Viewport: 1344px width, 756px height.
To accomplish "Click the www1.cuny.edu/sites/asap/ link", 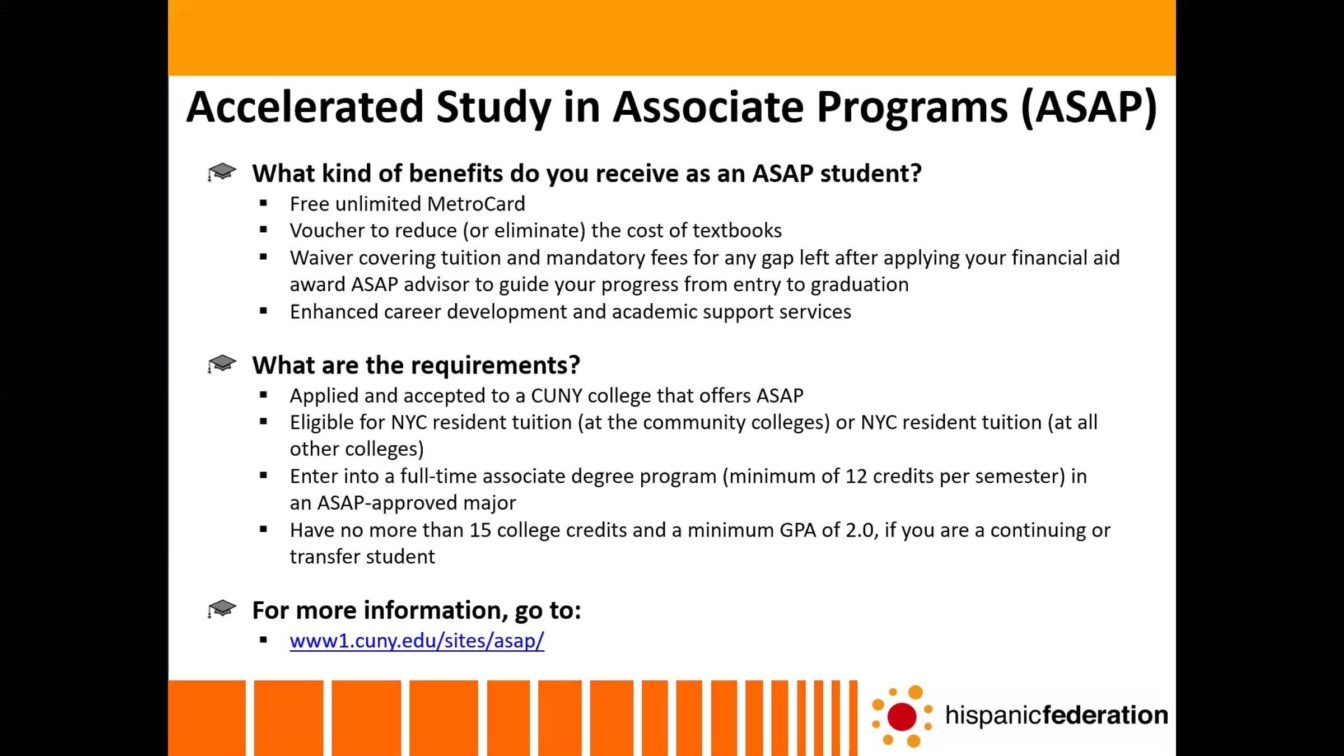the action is pos(417,641).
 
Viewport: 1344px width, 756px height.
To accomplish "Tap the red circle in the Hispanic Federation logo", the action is pos(902,716).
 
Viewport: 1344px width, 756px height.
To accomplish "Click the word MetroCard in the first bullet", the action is pos(476,204).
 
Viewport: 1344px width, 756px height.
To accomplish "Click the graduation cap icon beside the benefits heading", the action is pos(222,172).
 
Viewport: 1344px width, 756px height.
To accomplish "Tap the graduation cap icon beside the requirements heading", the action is pos(222,363).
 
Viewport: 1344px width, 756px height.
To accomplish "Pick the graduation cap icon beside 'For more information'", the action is pos(222,609).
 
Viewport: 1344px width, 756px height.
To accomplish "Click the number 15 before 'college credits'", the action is pos(480,530).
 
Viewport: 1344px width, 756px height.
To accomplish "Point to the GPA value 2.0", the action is pos(860,530).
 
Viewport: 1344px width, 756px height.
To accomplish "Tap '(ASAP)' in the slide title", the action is pos(1089,108).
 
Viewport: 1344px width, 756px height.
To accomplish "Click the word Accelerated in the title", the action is pos(305,107).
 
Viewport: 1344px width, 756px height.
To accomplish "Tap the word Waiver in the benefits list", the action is pos(321,258).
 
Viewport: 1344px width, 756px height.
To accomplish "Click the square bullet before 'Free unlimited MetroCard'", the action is pos(263,203).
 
